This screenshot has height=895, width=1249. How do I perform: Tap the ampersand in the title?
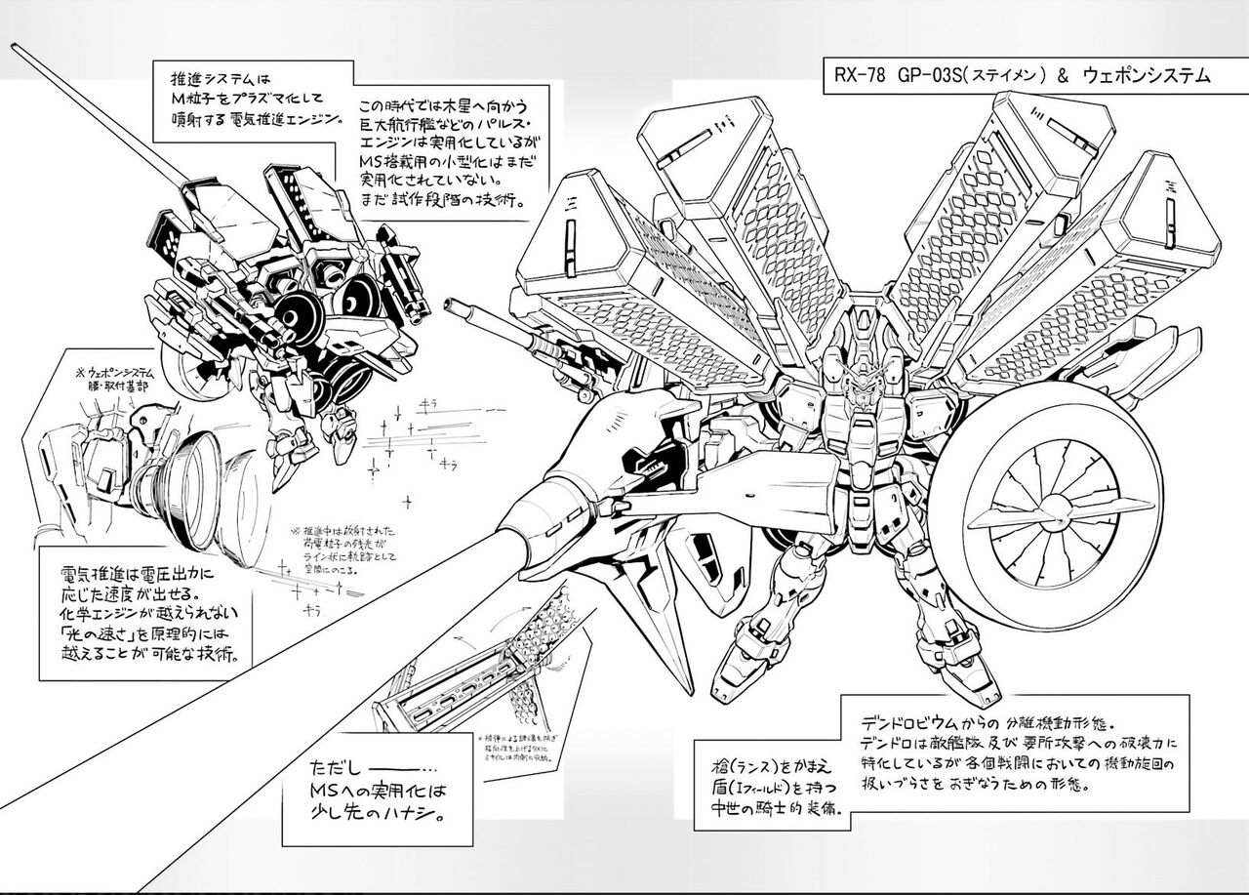(1065, 75)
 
